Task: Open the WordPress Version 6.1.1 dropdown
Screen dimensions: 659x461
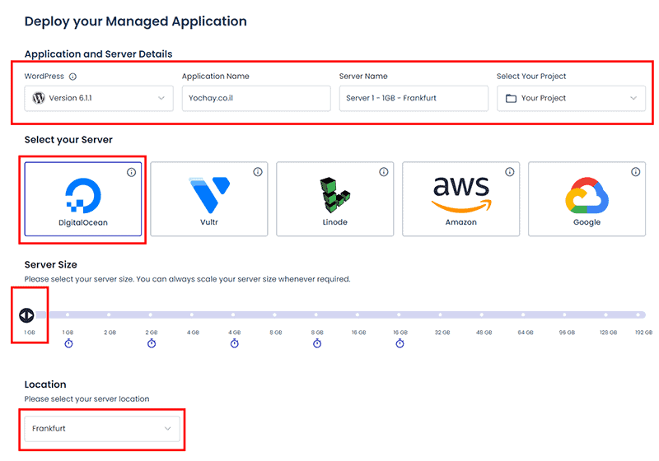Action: (x=99, y=98)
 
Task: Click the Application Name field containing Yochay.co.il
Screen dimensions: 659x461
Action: (x=256, y=98)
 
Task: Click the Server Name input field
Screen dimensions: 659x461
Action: (x=414, y=98)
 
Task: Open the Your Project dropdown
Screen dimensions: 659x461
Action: (x=571, y=98)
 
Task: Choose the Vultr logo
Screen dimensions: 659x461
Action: (x=209, y=195)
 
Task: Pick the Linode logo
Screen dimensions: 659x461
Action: (x=335, y=195)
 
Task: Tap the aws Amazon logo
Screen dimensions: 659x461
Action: (x=461, y=194)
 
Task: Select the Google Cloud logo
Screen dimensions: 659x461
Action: (x=587, y=196)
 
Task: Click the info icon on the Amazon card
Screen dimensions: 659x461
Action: (x=509, y=172)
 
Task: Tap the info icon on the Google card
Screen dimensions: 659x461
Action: (x=635, y=172)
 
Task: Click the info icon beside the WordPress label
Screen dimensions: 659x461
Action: (x=72, y=77)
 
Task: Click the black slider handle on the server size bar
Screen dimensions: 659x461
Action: (x=26, y=315)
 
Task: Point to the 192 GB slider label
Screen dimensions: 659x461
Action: (x=643, y=332)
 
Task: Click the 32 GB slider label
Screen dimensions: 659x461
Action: (x=442, y=332)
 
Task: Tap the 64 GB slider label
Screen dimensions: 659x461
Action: (x=526, y=332)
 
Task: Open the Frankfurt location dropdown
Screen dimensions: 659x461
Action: (x=102, y=429)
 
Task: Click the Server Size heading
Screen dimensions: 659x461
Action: (x=51, y=264)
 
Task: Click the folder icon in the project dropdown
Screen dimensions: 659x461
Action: (x=511, y=98)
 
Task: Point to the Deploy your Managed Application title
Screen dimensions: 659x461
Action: (x=135, y=21)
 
